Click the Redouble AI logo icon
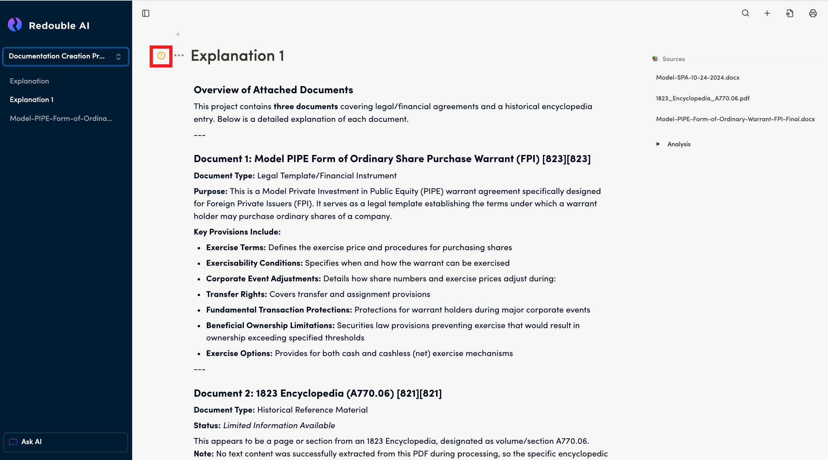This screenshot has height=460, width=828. (15, 25)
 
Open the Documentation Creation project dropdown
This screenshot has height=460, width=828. (66, 57)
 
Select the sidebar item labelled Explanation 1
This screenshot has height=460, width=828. (31, 100)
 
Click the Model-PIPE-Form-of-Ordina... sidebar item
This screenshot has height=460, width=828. (61, 119)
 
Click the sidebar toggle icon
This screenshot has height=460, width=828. (146, 13)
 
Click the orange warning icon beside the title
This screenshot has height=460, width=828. (161, 56)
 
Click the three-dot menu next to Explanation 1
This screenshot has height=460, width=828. (179, 56)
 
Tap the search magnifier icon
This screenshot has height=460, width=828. (745, 13)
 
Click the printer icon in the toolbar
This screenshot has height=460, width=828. (813, 13)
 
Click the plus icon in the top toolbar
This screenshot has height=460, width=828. (767, 13)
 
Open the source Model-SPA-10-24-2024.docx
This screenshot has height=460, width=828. (697, 78)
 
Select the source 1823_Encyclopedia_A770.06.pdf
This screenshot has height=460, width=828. (702, 98)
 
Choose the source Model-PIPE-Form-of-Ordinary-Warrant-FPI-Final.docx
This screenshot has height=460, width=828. (735, 119)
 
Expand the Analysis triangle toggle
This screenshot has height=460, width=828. (658, 144)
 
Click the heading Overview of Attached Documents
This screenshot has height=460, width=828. (273, 90)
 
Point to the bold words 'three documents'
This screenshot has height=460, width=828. (306, 107)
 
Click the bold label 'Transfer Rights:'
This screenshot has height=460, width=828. (236, 294)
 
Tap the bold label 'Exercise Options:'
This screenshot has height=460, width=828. (239, 353)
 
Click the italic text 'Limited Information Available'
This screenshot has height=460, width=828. (279, 426)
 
